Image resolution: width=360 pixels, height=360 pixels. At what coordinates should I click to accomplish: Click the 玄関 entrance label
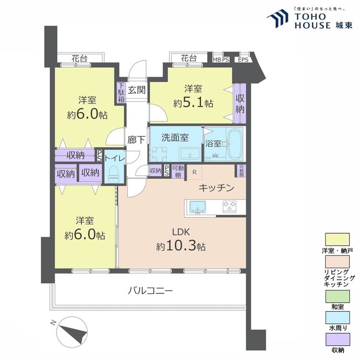137,90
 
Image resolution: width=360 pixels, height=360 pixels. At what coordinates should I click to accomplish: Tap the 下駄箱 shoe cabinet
121,93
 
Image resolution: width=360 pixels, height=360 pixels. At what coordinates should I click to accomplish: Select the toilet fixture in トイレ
112,173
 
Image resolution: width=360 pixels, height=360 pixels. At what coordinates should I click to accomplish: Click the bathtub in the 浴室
235,144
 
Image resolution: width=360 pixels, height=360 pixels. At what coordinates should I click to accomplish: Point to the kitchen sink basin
197,206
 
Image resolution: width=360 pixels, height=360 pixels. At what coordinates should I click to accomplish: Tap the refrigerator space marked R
194,172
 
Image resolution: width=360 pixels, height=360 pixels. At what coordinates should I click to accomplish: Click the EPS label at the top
243,60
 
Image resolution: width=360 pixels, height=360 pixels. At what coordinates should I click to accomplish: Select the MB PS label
221,60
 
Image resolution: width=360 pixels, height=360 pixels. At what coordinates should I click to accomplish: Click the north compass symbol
72,330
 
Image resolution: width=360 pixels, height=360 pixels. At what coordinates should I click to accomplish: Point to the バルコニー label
150,291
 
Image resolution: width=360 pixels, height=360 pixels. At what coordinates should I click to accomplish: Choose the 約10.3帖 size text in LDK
180,246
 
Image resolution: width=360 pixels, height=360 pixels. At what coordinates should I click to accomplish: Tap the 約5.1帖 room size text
193,103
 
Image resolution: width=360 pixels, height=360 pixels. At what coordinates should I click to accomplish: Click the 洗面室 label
175,138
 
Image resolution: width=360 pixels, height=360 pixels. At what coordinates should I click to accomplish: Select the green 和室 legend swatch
337,297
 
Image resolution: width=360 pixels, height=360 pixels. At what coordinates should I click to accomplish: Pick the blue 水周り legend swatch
337,318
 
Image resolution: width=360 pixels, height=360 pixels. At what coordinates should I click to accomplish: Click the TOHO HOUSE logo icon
277,19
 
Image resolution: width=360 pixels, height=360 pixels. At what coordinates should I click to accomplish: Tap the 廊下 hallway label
136,140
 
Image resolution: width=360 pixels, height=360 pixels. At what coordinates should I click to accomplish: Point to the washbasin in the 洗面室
190,154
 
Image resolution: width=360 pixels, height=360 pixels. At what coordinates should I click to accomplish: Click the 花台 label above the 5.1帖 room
189,58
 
